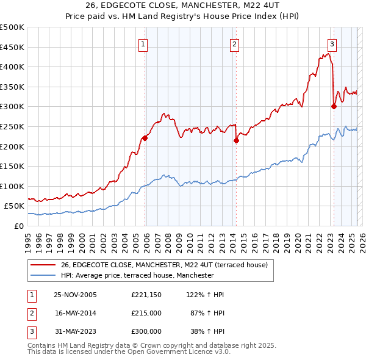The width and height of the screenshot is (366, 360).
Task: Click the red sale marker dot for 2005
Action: point(145,138)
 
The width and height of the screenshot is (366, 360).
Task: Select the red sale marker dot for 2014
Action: point(236,140)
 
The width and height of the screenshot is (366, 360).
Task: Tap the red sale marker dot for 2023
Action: point(334,106)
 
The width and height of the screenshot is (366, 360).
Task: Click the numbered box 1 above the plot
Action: point(143,44)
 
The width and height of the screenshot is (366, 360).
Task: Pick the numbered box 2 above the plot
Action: point(234,44)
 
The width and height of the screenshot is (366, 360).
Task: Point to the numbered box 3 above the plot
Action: point(332,44)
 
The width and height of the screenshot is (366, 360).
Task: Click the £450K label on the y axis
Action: point(12,47)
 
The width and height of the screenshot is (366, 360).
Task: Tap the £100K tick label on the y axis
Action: point(12,186)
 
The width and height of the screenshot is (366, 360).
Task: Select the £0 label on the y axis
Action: point(18,226)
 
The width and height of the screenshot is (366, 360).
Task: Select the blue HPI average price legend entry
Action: point(137,276)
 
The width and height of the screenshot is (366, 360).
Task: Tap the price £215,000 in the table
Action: point(146,313)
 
